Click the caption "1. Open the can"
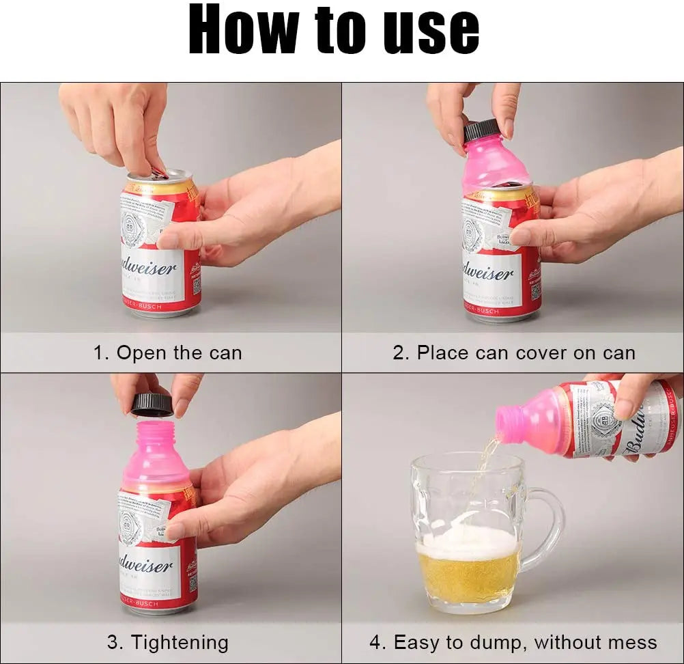click(x=167, y=353)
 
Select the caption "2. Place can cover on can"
click(x=513, y=353)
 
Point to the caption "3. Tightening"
click(x=167, y=643)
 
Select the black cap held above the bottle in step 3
click(x=152, y=404)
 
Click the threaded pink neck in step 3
click(x=156, y=434)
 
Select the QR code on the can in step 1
click(x=196, y=285)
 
